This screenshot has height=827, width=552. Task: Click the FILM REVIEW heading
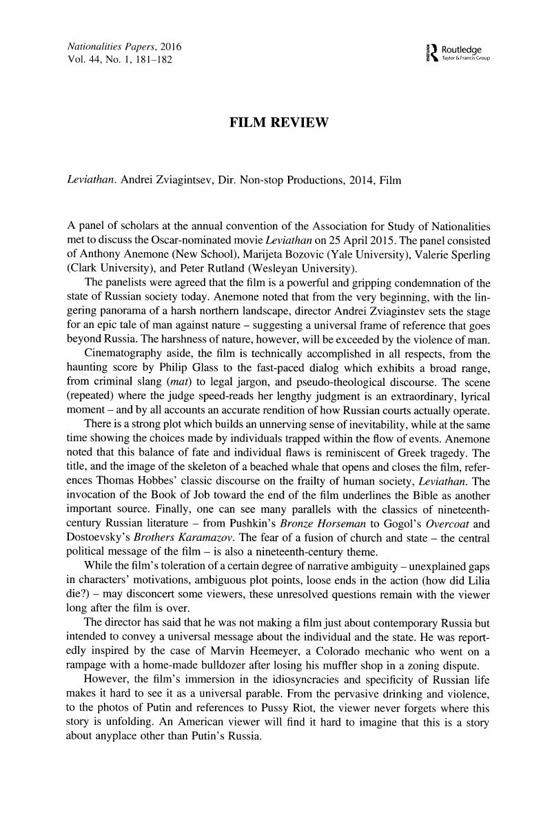coord(276,123)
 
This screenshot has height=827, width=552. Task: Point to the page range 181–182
coord(148,59)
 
